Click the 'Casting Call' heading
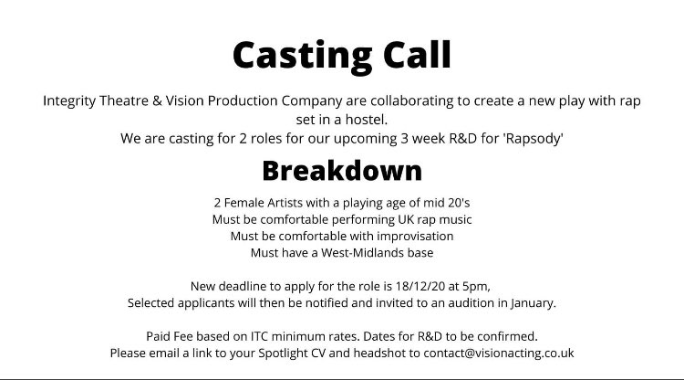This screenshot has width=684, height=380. [x=341, y=55]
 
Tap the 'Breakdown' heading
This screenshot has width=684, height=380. [x=342, y=170]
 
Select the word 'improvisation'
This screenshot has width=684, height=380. [x=409, y=236]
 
